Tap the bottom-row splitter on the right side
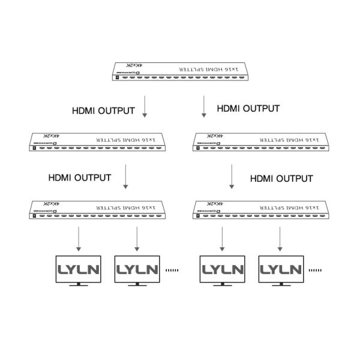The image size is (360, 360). tap(262, 209)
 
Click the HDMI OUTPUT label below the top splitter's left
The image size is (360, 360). tap(103, 111)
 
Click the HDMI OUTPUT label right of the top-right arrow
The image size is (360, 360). tap(248, 109)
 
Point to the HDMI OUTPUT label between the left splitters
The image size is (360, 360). tap(80, 178)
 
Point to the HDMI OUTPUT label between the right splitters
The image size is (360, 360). tap(281, 178)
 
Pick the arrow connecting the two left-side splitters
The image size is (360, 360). tap(125, 176)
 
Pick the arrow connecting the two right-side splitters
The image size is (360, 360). tap(232, 176)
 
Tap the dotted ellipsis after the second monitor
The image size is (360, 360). tap(173, 271)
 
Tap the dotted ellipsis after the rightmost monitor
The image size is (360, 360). tap(315, 271)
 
